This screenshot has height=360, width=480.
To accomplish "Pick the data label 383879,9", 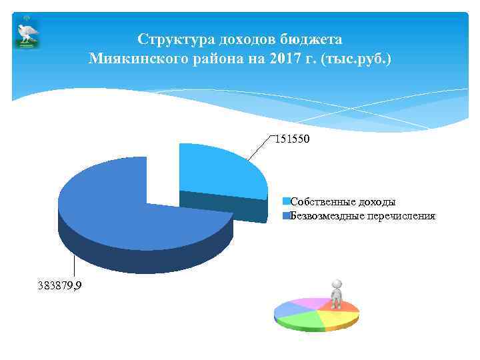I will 59,285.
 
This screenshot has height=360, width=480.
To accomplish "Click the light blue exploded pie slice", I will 220,170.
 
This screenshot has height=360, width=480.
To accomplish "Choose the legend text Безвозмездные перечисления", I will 363,216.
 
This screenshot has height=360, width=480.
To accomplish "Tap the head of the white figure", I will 337,283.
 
